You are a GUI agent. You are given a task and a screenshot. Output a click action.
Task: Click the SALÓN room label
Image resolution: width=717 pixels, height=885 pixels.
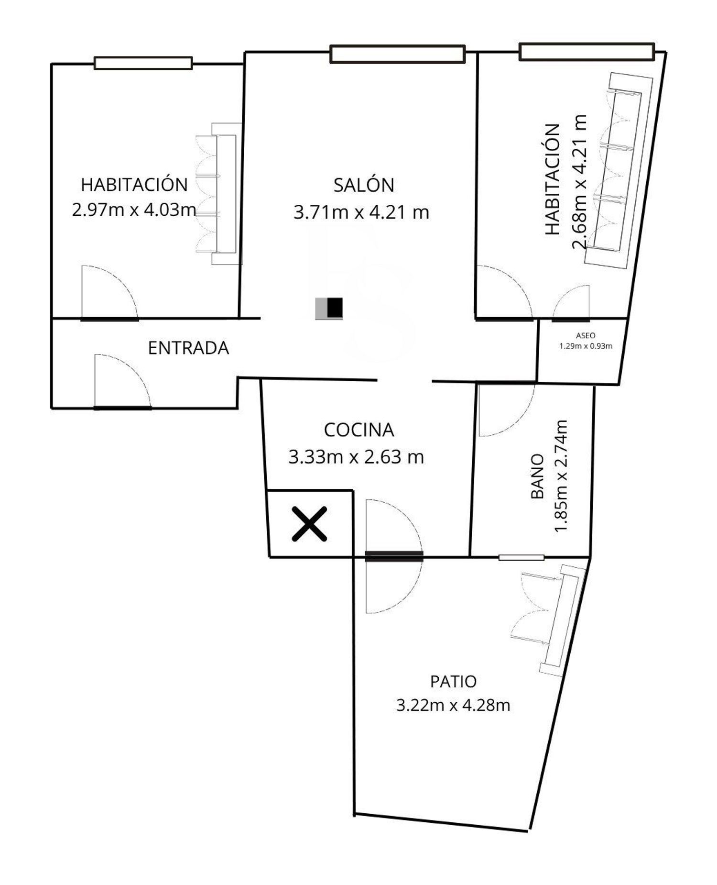(x=364, y=185)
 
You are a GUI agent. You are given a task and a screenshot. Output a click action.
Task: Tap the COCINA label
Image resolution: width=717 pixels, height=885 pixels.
(x=359, y=430)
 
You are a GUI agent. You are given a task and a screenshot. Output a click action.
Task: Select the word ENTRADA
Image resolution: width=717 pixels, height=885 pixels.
(x=188, y=348)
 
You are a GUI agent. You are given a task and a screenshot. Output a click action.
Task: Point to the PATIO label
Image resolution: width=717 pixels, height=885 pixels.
(x=453, y=681)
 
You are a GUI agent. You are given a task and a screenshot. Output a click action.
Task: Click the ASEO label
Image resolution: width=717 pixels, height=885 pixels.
(x=586, y=336)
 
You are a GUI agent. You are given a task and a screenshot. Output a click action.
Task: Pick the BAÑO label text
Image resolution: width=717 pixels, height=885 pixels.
(x=538, y=476)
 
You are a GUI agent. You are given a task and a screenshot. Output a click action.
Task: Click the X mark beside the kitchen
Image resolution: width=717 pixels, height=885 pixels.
(x=310, y=524)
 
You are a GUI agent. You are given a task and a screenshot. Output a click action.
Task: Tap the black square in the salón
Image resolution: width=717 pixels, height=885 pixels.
(x=335, y=308)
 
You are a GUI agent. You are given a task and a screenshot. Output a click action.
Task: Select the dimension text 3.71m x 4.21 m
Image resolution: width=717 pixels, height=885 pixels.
(x=361, y=212)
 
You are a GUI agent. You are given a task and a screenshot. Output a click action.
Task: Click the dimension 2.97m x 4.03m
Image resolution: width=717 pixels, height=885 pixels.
(x=134, y=210)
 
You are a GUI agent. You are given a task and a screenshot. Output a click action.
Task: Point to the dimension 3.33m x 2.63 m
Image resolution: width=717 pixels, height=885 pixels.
(x=356, y=457)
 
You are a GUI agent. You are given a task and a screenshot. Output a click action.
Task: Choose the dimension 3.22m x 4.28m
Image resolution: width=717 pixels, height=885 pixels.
(x=453, y=705)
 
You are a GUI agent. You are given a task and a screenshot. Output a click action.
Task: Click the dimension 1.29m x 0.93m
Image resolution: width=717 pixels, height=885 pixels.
(x=586, y=346)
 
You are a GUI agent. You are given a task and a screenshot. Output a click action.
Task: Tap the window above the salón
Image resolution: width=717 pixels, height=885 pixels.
(x=397, y=54)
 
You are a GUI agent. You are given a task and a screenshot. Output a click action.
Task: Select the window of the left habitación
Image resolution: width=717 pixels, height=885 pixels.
(x=143, y=63)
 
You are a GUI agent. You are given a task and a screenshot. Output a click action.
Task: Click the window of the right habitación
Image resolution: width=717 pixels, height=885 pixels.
(x=587, y=52)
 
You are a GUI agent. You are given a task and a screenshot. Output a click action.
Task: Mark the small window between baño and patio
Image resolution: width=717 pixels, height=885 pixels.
(x=521, y=557)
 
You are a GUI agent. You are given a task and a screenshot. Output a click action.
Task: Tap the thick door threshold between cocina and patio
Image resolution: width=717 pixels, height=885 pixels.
(x=394, y=556)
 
